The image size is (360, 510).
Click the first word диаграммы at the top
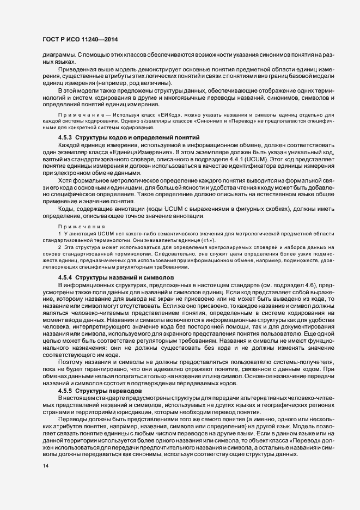(x=53, y=56)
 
